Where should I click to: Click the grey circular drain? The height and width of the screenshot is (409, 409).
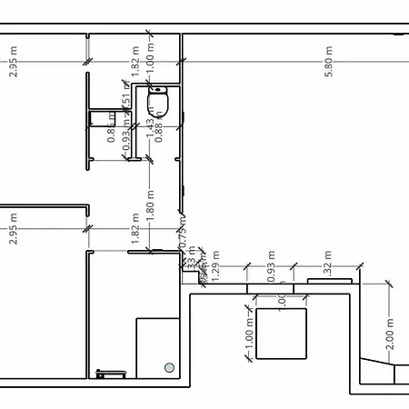(169, 367)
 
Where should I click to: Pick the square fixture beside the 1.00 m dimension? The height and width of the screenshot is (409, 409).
(282, 332)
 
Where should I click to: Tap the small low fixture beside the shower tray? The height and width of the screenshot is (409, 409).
(112, 373)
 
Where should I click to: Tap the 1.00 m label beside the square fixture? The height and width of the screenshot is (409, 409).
(249, 332)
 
